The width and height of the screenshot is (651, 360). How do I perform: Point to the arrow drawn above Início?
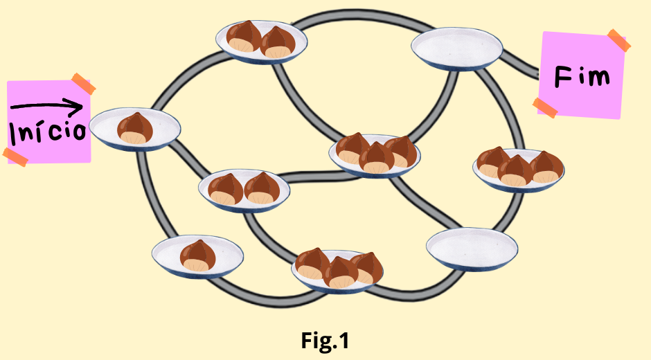point(47,106)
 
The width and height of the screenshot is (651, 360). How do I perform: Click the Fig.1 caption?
point(325,340)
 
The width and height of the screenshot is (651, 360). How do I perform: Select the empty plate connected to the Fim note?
point(456,48)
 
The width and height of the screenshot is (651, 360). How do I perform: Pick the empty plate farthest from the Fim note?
point(472,247)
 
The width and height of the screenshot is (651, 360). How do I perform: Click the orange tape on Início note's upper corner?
point(83,84)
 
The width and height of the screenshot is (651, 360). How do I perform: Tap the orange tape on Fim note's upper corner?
point(618,40)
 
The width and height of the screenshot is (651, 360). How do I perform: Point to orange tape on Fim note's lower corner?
point(545,107)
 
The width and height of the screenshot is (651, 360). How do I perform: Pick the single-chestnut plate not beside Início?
point(197,255)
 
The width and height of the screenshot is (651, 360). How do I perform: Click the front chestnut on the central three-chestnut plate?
point(377,158)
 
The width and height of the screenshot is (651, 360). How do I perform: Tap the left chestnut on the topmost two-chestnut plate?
point(244,37)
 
